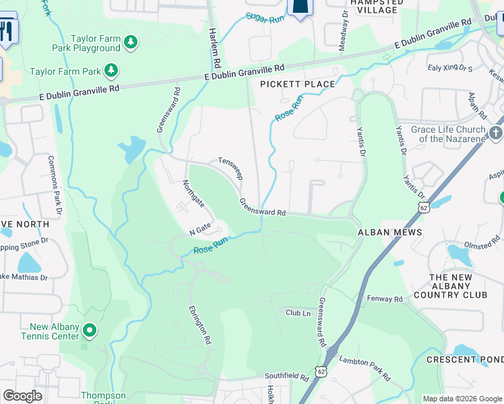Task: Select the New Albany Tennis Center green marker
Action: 90,331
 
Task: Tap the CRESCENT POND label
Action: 465,360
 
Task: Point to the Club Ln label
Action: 298,312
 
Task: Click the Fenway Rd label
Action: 385,298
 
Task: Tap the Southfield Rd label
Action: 286,375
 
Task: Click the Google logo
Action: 22,395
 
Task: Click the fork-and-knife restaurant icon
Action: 7,30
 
